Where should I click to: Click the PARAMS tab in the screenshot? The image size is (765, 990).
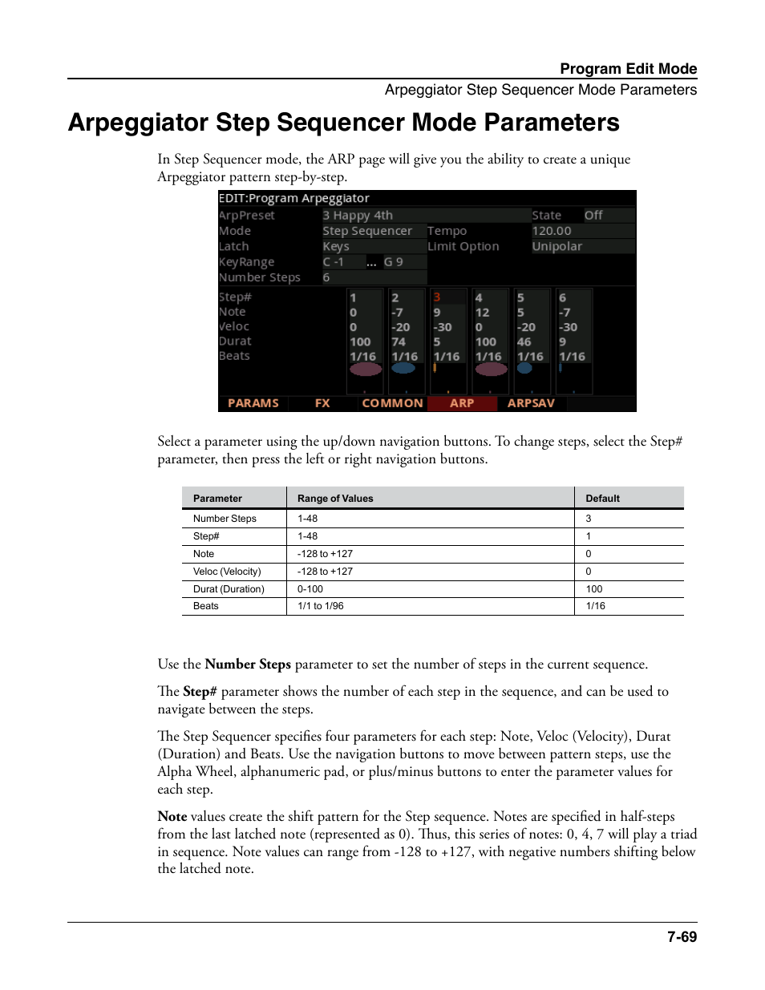(x=253, y=403)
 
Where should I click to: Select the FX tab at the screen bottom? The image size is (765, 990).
(x=322, y=403)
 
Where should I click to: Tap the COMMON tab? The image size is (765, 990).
(x=392, y=403)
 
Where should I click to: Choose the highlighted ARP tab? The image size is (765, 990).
(x=462, y=403)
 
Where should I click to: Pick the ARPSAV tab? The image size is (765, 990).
(x=531, y=403)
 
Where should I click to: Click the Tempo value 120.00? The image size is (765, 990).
(x=552, y=231)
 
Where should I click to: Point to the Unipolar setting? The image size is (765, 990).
(x=557, y=247)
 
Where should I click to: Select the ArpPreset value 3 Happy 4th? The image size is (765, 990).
(x=358, y=216)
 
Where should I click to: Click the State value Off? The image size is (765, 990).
(x=593, y=216)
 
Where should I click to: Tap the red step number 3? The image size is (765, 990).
(x=437, y=297)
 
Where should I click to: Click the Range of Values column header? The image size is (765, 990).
(x=335, y=499)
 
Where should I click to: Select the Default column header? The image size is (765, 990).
(x=603, y=499)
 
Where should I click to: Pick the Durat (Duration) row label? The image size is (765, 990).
(x=229, y=589)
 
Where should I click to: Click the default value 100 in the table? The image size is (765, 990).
(x=594, y=589)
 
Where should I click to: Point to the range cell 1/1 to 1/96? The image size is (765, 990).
(x=321, y=606)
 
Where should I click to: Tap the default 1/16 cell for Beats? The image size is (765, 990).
(x=596, y=606)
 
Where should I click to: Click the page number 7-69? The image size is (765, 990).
(x=682, y=937)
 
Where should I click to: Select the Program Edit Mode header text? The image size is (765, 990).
(x=628, y=69)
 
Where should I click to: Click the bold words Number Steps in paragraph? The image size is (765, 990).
(x=248, y=665)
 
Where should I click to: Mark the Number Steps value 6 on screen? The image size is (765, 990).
(x=326, y=277)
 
